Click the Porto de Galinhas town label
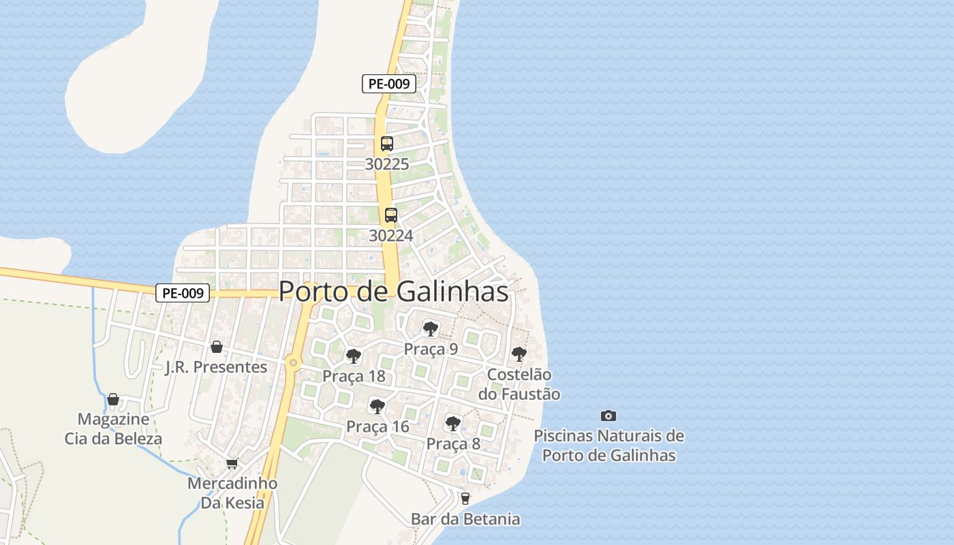[394, 292]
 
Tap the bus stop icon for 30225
[387, 144]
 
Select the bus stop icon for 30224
[391, 215]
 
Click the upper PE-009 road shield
[388, 84]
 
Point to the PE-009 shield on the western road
[182, 293]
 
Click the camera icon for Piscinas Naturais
[609, 416]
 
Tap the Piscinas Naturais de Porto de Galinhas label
[609, 446]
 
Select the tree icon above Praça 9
[430, 329]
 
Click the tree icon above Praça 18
[354, 356]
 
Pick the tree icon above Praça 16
[377, 407]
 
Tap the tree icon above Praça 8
[453, 424]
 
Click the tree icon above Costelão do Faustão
[519, 354]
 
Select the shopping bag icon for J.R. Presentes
[217, 347]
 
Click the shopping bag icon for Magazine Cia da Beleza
[113, 399]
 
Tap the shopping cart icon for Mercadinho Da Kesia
[232, 464]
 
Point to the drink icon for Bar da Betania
[465, 499]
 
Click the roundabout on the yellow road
[294, 362]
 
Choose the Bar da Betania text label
[465, 519]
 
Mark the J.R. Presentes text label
[217, 367]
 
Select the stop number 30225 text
[387, 164]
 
